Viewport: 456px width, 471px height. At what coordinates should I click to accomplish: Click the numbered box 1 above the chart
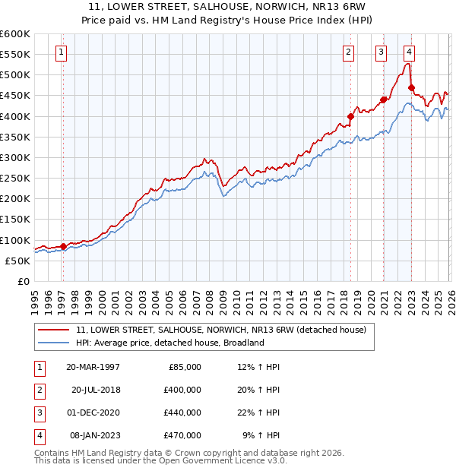(60, 52)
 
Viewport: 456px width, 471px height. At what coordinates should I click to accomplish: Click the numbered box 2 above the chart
(347, 52)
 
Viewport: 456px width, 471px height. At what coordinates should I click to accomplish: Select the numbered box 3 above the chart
(380, 52)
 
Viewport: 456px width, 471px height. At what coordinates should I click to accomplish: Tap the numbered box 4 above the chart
(409, 52)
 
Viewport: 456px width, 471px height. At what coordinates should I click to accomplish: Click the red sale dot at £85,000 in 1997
(63, 245)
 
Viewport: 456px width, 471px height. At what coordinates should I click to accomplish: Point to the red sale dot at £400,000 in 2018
(350, 116)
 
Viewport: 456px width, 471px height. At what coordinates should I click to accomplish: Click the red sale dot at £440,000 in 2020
(384, 100)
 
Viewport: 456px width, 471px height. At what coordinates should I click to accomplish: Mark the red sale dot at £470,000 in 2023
(411, 87)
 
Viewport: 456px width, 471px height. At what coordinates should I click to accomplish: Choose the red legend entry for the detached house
(221, 330)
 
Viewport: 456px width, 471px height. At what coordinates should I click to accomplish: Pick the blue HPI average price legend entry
(169, 343)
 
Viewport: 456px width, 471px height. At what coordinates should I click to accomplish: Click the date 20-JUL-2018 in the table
(96, 390)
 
